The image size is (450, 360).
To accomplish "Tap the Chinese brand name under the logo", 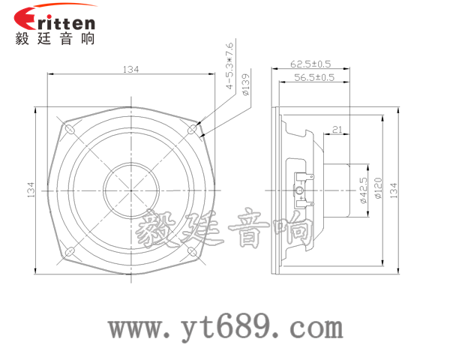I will (x=55, y=39).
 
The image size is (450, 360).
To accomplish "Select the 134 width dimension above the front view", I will (x=130, y=69).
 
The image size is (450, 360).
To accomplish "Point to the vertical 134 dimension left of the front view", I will (x=31, y=191).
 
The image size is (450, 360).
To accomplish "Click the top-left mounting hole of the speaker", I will (x=72, y=130).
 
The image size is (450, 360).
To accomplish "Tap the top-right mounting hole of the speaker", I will (x=192, y=130).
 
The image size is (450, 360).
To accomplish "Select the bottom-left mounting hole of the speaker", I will (x=72, y=251).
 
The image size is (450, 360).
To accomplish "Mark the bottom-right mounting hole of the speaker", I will (x=192, y=251).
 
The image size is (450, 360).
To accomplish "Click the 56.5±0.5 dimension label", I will (x=314, y=77).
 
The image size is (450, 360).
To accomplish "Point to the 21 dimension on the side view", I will (x=337, y=130).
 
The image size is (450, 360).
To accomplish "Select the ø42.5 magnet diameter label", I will (x=363, y=190).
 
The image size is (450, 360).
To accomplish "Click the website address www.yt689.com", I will (x=226, y=328).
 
